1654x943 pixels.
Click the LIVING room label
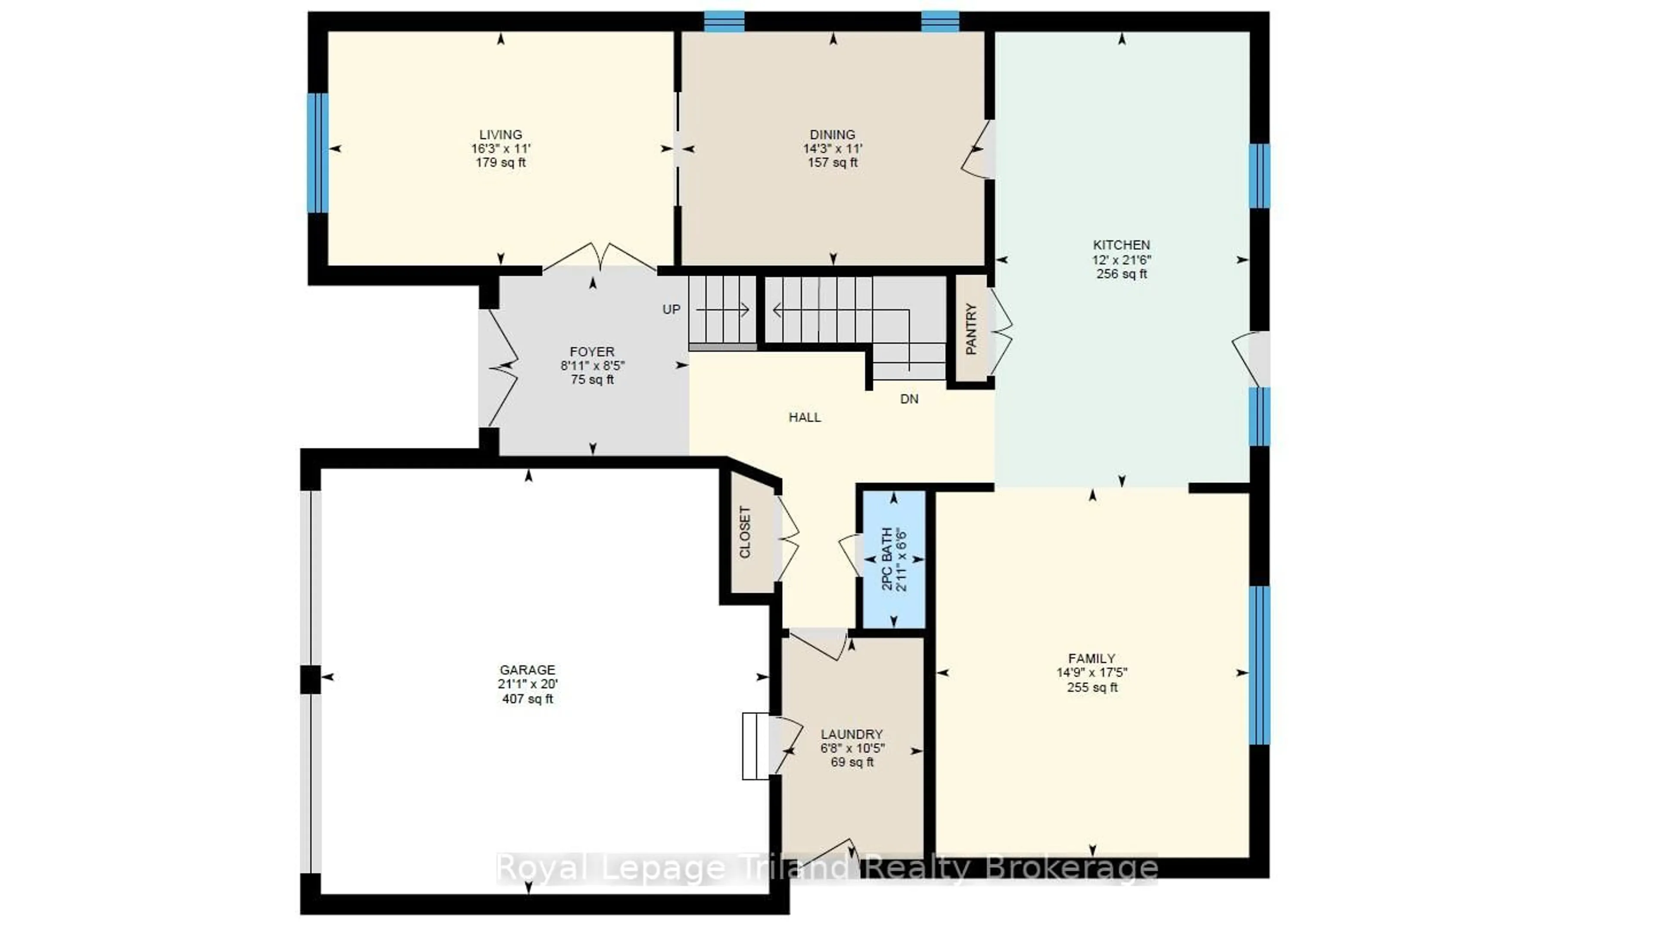pos(501,135)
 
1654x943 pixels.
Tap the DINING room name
pos(833,135)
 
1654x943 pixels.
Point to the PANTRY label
pos(971,329)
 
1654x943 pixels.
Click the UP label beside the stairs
pos(672,310)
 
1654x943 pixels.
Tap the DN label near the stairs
pos(909,399)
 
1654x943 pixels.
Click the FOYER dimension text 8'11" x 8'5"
pos(592,366)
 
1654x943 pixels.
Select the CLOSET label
pos(745,532)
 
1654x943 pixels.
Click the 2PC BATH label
pos(887,559)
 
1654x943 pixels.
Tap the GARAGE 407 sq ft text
pos(528,699)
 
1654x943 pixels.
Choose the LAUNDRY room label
pos(851,734)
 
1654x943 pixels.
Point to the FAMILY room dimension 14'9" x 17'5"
pos(1092,673)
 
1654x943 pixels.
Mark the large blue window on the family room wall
pos(1259,665)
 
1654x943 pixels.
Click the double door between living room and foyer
pos(600,256)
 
